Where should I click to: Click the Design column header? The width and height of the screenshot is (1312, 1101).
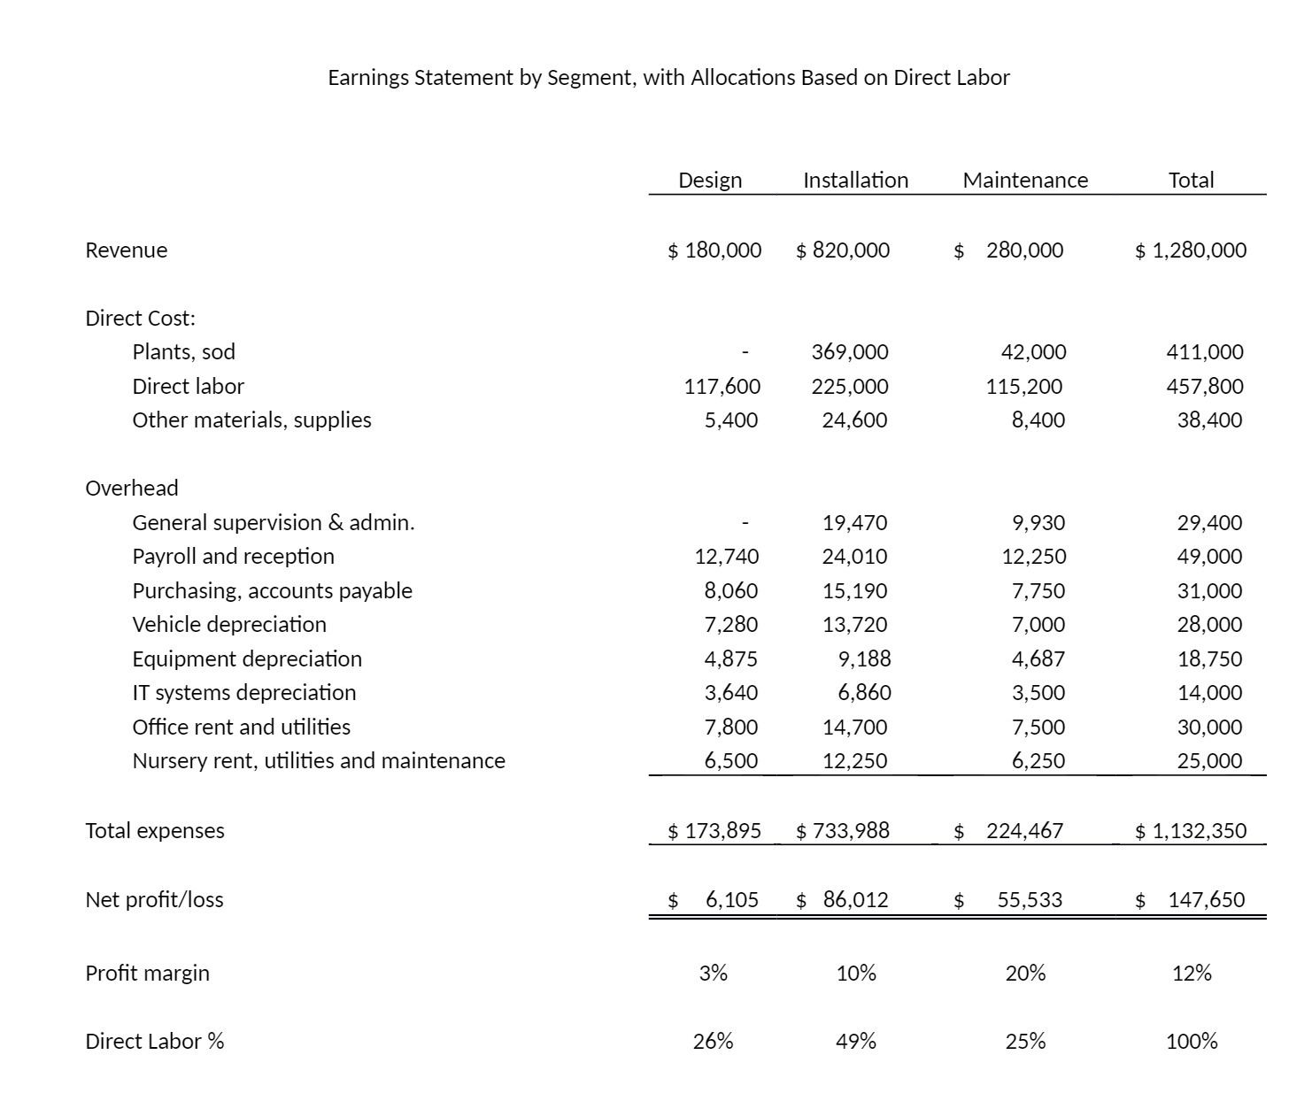coord(709,181)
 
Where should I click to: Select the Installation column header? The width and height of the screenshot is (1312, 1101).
coord(855,181)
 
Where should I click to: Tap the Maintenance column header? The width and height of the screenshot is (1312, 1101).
coord(1024,181)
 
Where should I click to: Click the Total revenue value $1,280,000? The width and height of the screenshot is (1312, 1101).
coord(1191,250)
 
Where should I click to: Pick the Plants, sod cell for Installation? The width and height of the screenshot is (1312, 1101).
coord(850,352)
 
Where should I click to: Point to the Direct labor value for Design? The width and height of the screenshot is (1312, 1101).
coord(722,387)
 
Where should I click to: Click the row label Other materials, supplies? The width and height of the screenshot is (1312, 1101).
coord(251,420)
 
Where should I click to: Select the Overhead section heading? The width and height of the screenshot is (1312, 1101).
coord(131,489)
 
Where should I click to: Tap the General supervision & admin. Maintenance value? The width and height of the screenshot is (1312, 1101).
coord(1038,523)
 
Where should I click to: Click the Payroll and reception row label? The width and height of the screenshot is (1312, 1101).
coord(233,557)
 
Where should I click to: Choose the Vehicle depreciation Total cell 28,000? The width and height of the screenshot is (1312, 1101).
coord(1209,625)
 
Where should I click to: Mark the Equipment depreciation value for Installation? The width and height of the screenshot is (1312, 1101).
coord(864,659)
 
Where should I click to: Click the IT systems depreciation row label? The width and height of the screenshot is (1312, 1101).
coord(243,693)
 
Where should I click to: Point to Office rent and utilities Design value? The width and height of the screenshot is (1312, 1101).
coord(730,728)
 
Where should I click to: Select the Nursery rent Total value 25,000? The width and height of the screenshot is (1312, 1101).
coord(1209,761)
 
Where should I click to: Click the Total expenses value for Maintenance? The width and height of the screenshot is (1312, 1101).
coord(1024,831)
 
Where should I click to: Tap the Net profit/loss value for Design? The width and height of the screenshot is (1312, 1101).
coord(731,900)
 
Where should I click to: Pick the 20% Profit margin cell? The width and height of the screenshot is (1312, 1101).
coord(1025,974)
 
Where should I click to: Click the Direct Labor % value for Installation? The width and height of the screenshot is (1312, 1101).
coord(855,1042)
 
